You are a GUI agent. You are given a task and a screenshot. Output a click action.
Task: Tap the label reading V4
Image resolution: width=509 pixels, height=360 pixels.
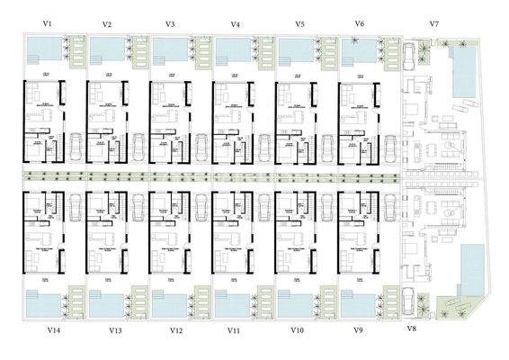[x=236, y=24]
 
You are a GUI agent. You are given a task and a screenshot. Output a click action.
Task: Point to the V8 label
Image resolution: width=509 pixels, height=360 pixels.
[x=411, y=329]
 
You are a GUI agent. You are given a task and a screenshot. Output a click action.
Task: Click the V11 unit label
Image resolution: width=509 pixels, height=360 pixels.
[x=234, y=331]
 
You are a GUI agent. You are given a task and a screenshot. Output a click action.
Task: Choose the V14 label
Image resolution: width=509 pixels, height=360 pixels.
[x=53, y=331]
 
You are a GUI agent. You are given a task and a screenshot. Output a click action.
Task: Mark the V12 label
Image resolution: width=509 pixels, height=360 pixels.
[x=176, y=331]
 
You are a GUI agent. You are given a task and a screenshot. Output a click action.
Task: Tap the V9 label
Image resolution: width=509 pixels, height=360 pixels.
[x=358, y=331]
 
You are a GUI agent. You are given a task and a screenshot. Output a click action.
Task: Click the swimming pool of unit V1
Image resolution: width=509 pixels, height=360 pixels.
[x=41, y=49]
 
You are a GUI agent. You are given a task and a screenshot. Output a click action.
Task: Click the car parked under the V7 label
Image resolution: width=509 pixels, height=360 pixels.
[x=411, y=56]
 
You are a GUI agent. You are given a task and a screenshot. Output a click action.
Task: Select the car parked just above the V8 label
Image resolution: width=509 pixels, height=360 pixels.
[x=410, y=300]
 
